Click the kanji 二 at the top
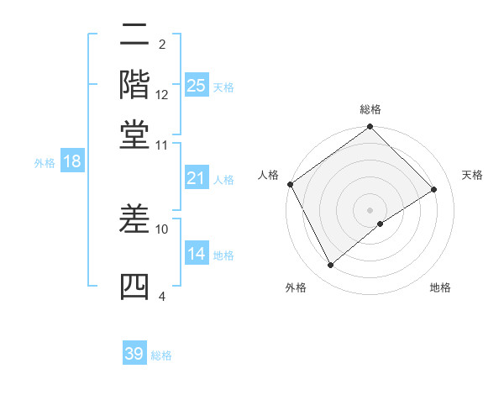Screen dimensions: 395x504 click(135, 37)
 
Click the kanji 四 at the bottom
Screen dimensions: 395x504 click(135, 287)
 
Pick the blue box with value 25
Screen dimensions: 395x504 click(196, 85)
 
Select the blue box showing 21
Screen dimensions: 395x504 click(196, 178)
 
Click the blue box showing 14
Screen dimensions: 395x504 click(196, 254)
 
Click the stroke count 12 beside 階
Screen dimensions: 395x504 click(162, 95)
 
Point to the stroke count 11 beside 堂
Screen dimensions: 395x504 click(162, 145)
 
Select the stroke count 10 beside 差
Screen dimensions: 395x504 click(162, 228)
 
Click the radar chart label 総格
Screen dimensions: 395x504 click(370, 109)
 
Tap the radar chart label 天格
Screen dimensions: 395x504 click(472, 175)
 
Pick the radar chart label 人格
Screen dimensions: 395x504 click(269, 175)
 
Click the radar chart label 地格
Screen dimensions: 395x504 click(440, 288)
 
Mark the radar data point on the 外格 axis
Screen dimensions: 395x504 click(331, 266)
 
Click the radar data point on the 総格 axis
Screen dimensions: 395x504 click(370, 128)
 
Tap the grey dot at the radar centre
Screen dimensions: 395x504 click(370, 209)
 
